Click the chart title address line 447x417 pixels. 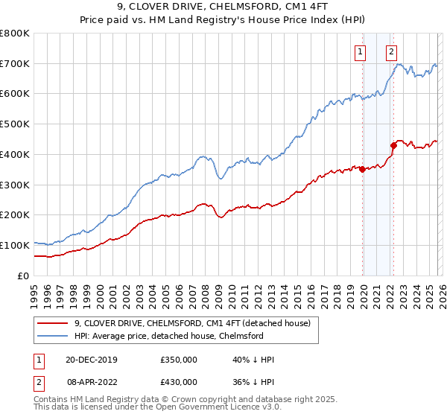tap(223, 7)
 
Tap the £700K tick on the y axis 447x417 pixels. tap(14, 64)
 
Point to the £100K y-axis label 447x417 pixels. tap(14, 245)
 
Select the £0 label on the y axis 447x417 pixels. tap(24, 276)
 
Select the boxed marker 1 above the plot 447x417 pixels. tap(361, 52)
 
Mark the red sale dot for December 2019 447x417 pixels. tap(362, 169)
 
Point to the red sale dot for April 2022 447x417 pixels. tap(393, 145)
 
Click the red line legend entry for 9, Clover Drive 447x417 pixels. tap(197, 323)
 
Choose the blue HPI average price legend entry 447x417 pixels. tap(169, 336)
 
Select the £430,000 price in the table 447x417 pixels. tap(179, 381)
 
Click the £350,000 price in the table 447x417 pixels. tap(179, 360)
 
